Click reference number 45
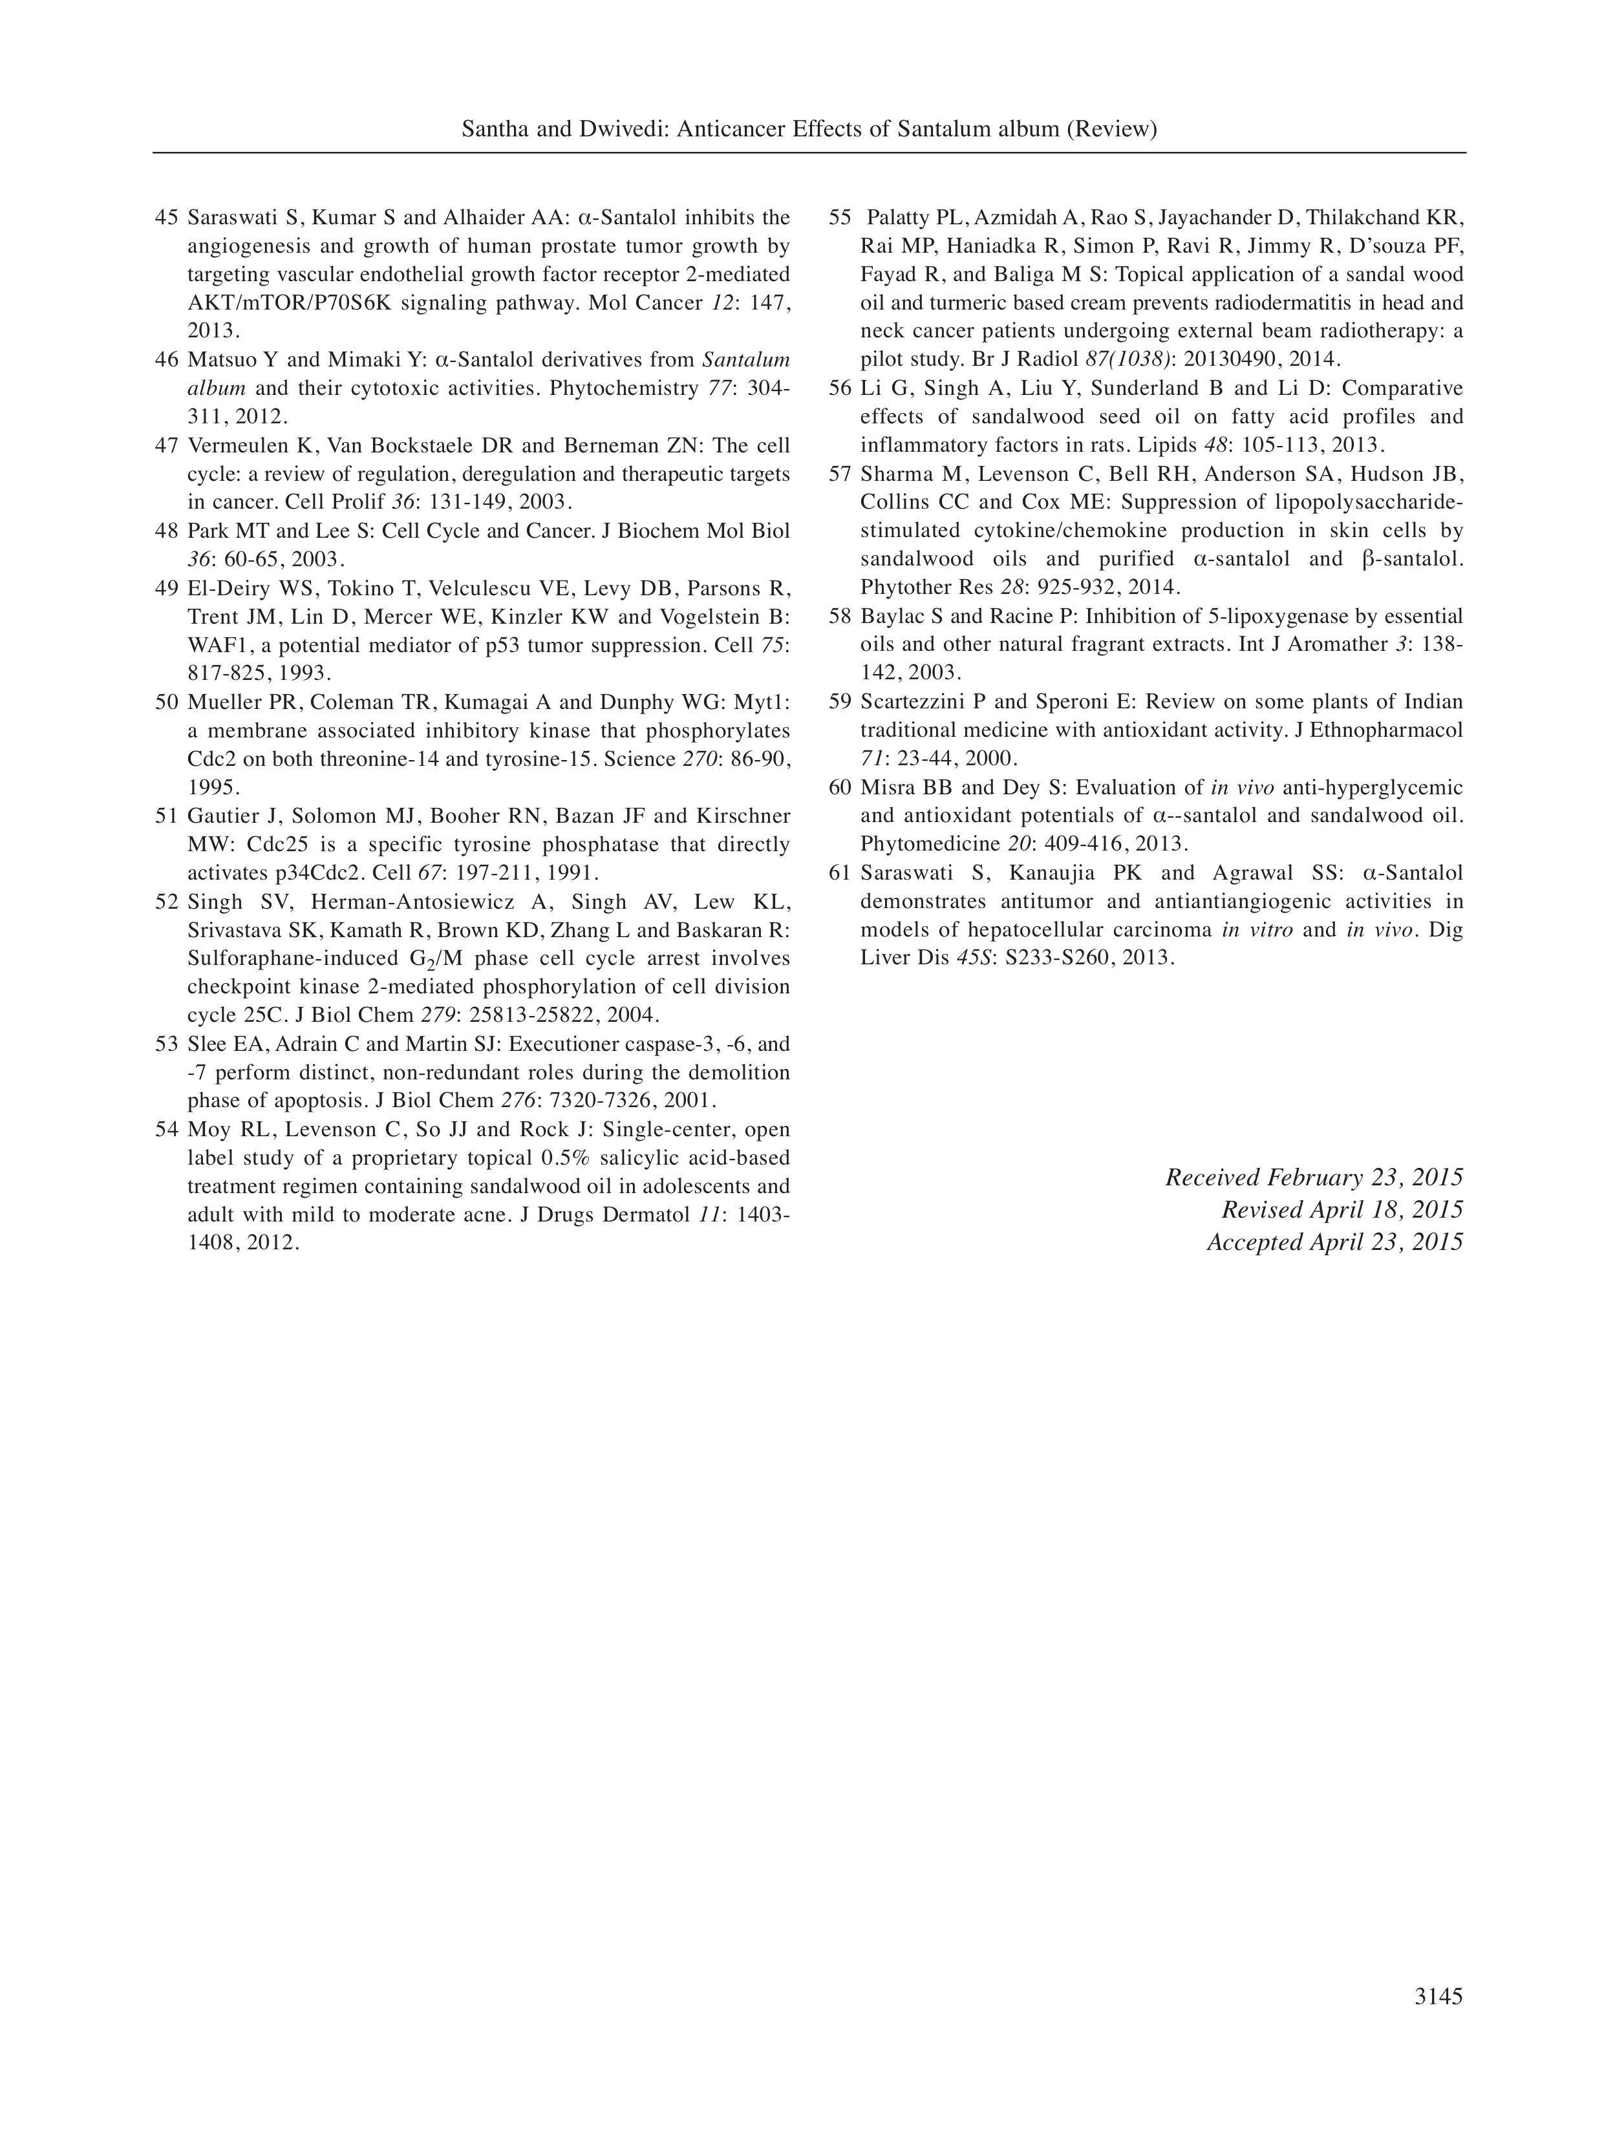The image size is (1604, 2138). [166, 217]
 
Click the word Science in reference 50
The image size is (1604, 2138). [638, 759]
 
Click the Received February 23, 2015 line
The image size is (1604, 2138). [1313, 1177]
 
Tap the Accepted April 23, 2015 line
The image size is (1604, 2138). [1334, 1242]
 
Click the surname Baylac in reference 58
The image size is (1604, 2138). [890, 617]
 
